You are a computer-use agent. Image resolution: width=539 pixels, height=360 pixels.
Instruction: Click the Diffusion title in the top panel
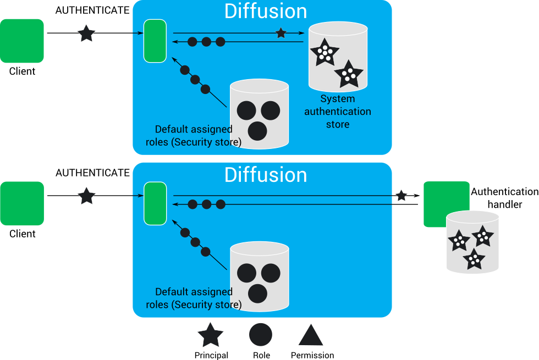266,11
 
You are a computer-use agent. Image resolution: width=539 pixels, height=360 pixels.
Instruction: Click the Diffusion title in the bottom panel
266,175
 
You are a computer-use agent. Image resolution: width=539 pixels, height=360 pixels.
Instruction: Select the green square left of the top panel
21,41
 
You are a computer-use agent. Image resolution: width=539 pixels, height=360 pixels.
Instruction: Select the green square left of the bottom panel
21,203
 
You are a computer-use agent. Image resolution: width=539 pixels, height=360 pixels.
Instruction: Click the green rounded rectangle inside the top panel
155,41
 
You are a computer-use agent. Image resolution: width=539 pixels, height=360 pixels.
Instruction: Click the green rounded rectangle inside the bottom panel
155,204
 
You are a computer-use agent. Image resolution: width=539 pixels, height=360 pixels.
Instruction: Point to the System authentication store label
338,112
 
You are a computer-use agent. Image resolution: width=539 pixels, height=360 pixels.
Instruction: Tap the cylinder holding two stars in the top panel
338,57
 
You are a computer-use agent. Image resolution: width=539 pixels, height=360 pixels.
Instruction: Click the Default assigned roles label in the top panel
194,136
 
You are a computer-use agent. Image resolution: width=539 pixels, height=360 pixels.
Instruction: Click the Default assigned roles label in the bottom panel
194,298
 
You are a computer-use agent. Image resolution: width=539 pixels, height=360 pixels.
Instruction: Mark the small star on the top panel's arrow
281,33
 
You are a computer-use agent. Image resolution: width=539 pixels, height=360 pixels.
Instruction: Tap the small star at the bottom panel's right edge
402,195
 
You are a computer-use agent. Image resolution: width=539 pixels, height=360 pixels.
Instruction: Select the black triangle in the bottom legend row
311,336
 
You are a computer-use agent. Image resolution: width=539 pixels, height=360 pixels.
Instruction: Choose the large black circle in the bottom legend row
261,335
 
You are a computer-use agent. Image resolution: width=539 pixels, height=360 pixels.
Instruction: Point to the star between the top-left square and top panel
86,34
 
